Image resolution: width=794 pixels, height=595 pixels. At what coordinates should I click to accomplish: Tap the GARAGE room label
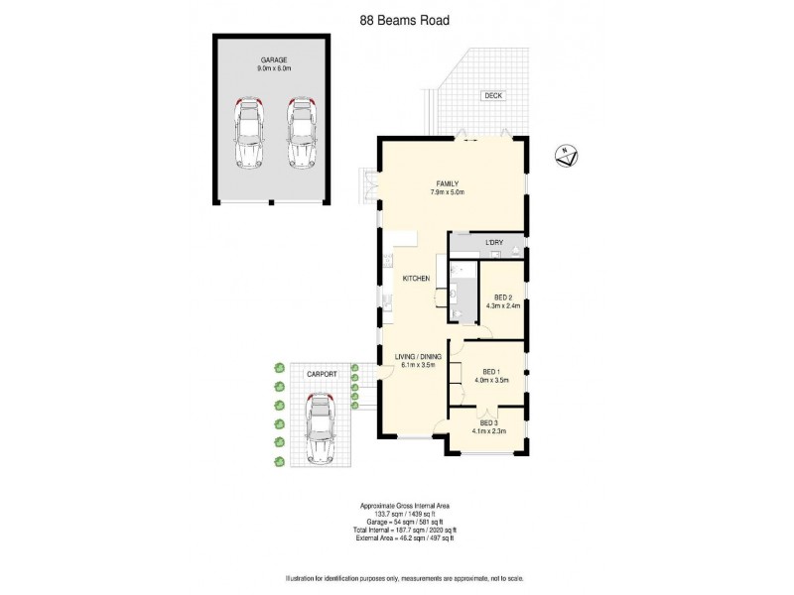click(272, 60)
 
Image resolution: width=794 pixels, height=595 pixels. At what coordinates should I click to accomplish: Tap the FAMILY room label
click(445, 182)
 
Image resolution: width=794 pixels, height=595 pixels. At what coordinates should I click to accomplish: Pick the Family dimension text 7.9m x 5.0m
click(446, 192)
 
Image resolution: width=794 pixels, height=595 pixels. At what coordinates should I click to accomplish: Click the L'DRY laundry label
click(493, 243)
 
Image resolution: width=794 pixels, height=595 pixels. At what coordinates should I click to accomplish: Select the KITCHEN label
click(415, 279)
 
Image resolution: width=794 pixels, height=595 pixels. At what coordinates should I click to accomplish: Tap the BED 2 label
click(503, 297)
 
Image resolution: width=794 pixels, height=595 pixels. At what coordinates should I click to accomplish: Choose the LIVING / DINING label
click(417, 356)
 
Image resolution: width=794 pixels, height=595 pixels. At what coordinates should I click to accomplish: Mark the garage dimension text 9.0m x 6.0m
click(272, 69)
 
